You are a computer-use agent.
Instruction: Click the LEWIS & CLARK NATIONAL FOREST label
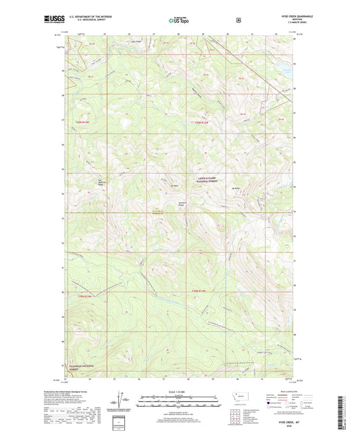pyautogui.click(x=208, y=174)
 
